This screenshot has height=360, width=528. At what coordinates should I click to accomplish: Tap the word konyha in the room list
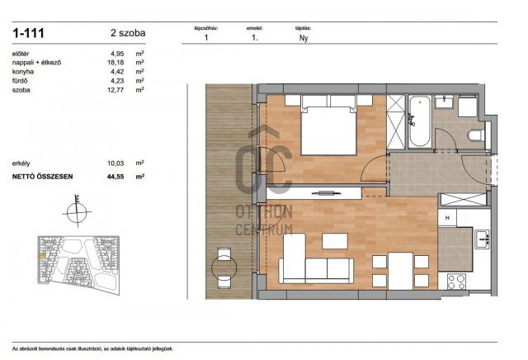pos(23,72)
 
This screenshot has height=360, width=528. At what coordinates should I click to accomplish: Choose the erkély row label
pos(22,163)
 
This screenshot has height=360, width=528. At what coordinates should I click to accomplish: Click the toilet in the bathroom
pos(474,135)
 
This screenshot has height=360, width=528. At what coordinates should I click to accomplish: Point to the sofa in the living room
pos(316,268)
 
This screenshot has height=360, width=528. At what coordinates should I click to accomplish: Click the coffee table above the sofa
pos(334,241)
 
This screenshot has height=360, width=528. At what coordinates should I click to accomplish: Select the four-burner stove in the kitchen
pos(458,281)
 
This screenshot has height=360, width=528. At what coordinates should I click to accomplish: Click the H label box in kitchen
pos(445,218)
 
